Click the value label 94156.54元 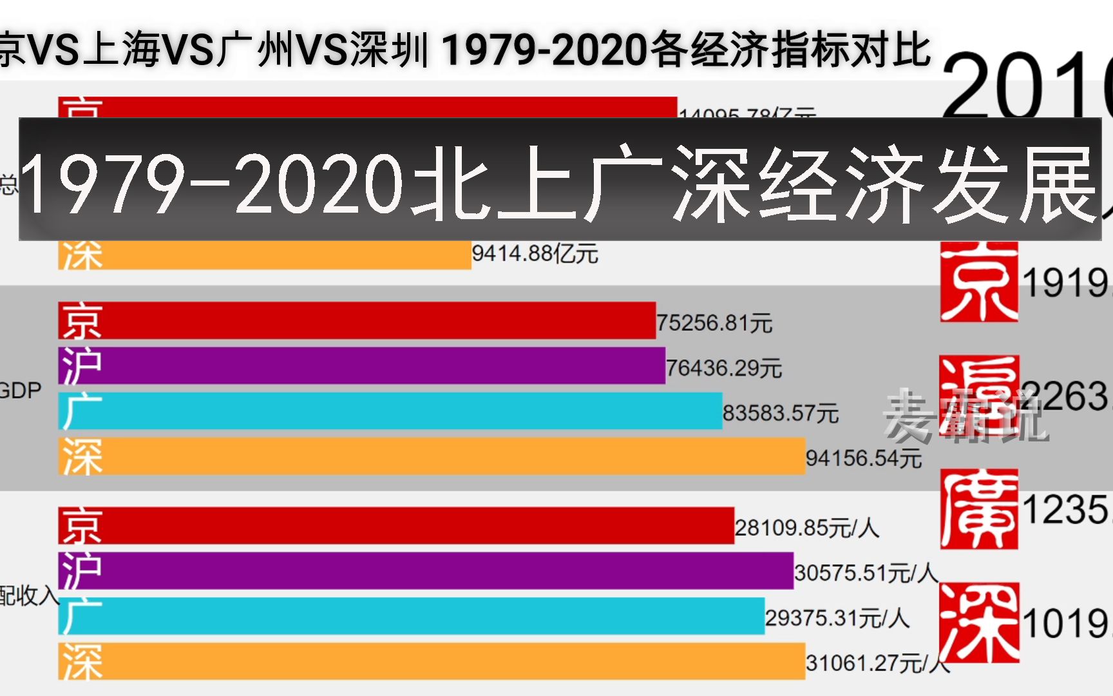tap(863, 458)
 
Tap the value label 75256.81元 tap(714, 322)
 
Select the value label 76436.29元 tap(723, 368)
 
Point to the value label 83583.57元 tap(780, 413)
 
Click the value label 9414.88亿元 tap(535, 253)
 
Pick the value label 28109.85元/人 tap(806, 528)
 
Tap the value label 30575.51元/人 tap(865, 572)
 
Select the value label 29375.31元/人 tap(837, 618)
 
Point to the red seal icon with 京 tap(978, 282)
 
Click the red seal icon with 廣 tap(978, 509)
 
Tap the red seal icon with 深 tap(978, 623)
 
